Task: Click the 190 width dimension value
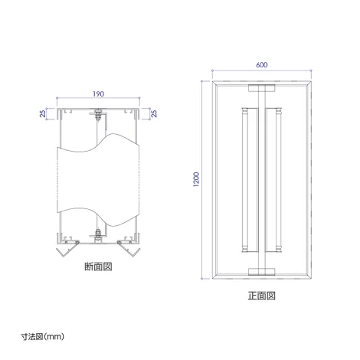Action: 98,94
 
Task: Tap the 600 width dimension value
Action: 262,65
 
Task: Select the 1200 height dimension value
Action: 196,179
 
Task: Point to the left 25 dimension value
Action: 43,113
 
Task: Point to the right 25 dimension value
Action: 154,113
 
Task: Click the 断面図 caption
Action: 98,267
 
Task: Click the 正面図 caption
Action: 262,296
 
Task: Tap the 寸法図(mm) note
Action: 42,336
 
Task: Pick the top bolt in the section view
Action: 98,115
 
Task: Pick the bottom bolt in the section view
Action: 98,235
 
